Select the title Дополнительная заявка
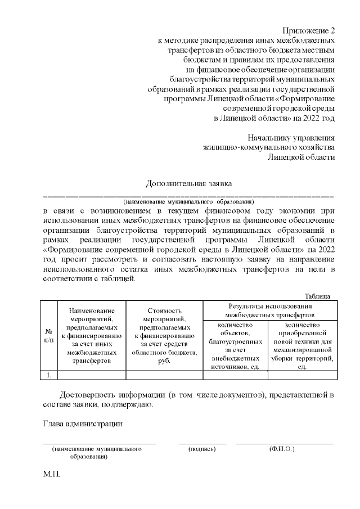(x=188, y=183)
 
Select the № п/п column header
(x=49, y=335)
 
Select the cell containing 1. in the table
(x=49, y=375)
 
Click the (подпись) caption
(x=202, y=449)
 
